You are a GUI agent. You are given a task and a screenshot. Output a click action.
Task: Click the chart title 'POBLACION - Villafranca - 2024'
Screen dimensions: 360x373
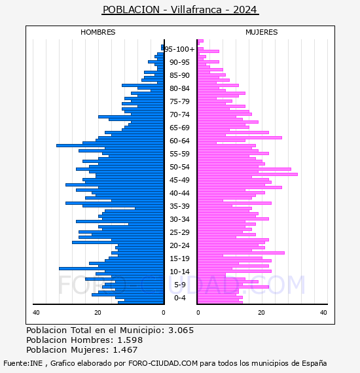(180, 10)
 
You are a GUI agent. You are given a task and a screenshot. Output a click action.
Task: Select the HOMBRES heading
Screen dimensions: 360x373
(98, 32)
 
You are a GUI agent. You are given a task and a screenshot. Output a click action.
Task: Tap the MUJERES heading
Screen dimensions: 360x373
(262, 32)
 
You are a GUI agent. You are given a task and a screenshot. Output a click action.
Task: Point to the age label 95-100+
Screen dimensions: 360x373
(179, 49)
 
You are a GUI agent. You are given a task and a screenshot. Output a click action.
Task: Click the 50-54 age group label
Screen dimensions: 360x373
(179, 167)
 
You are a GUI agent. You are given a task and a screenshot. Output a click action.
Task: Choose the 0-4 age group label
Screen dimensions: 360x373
(179, 298)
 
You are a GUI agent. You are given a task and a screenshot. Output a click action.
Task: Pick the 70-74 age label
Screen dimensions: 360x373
(179, 115)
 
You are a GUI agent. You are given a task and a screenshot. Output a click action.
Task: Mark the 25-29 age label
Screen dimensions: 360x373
(179, 232)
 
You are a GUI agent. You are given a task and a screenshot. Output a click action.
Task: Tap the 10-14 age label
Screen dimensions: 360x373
(179, 272)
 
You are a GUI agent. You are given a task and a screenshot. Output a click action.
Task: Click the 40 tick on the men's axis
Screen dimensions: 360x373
(36, 312)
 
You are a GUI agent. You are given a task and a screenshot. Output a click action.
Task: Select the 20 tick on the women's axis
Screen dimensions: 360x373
(261, 312)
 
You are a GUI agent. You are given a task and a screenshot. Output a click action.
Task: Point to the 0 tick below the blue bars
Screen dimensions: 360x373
(163, 312)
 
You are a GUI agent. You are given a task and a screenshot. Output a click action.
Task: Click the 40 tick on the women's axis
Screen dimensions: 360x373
(323, 312)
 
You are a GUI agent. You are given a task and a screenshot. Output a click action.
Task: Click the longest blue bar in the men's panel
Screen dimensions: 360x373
(110, 145)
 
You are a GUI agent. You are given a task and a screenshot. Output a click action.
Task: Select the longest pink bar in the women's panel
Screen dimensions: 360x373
(247, 174)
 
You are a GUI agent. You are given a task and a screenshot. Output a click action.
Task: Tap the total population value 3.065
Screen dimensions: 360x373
(181, 330)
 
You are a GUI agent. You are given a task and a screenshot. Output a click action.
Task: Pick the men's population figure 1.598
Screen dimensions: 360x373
(130, 340)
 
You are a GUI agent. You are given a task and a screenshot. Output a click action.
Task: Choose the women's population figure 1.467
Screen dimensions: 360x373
(125, 350)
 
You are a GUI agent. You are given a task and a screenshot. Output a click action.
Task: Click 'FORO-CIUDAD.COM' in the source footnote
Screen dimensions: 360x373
(163, 363)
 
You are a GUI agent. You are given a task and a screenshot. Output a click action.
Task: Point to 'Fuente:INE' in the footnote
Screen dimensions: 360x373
(23, 363)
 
